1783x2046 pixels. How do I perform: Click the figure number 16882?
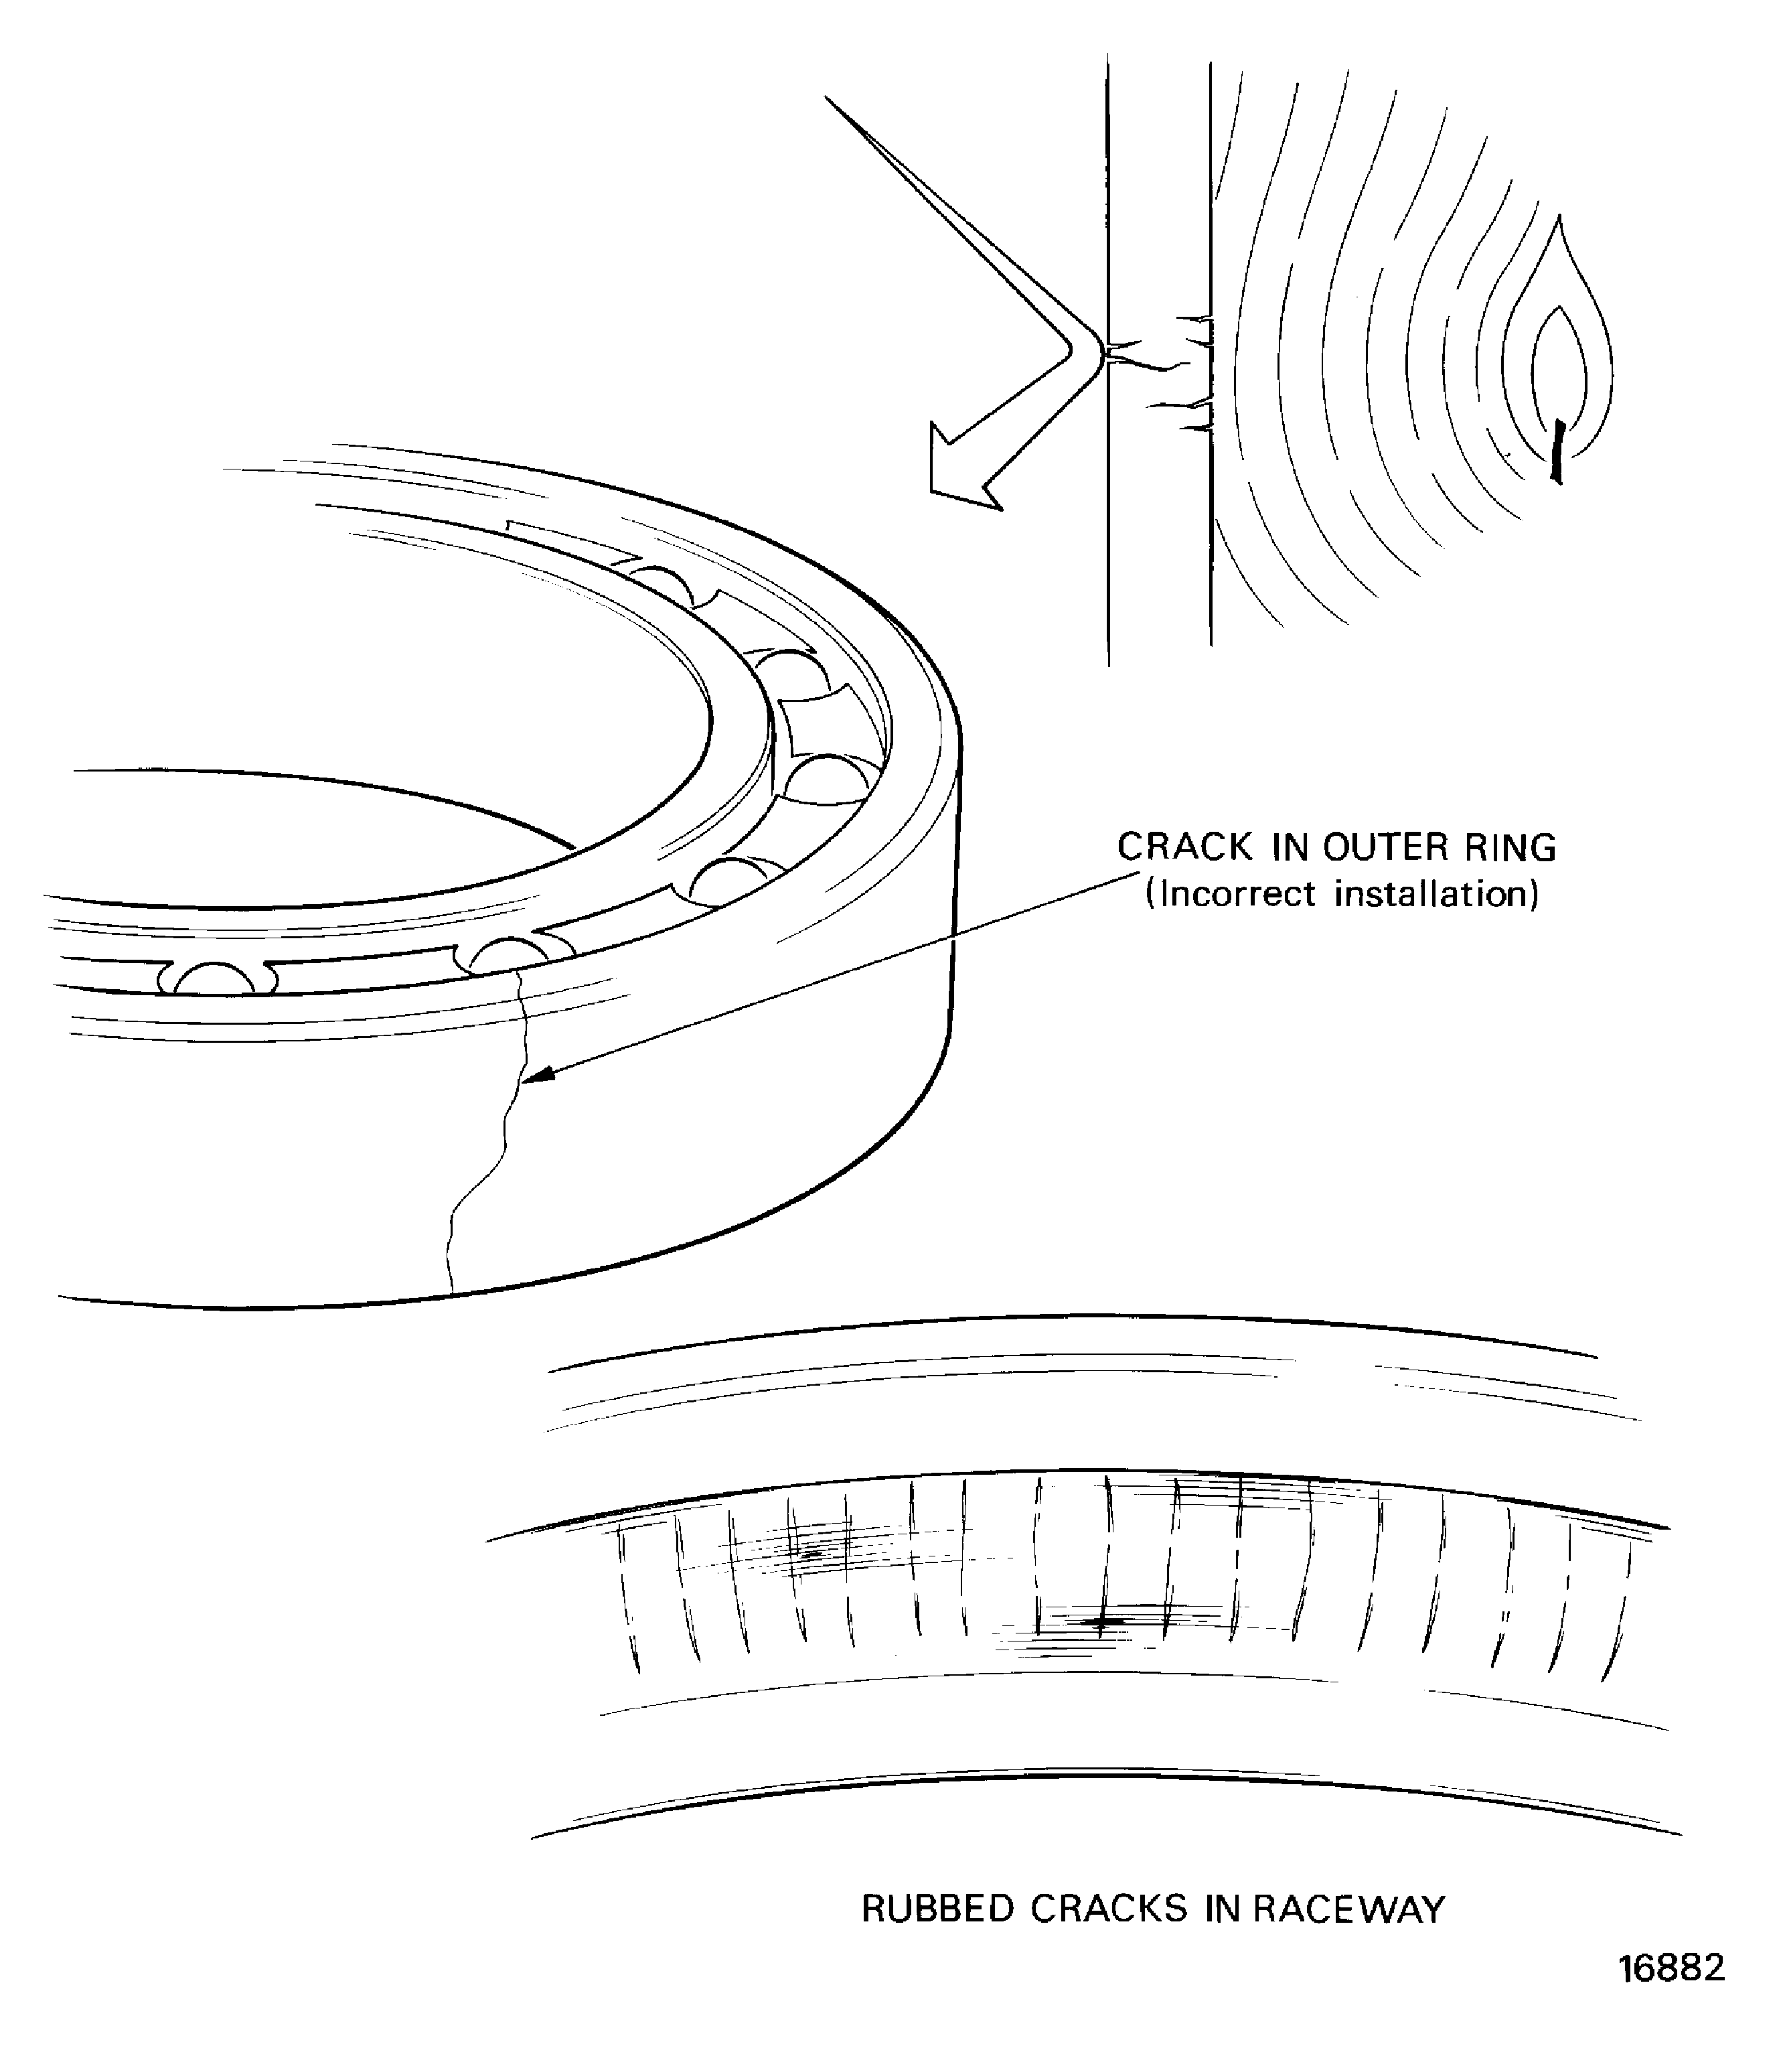1672,1968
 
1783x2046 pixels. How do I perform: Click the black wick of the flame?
1557,452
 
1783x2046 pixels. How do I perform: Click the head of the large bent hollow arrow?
960,473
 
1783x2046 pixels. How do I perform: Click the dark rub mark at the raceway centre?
1101,1623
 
